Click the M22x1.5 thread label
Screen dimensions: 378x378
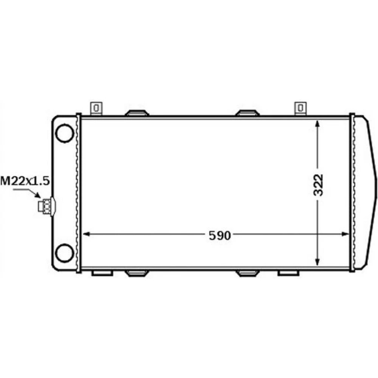(25, 181)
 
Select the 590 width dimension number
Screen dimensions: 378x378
(220, 235)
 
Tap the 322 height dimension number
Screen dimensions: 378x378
(318, 185)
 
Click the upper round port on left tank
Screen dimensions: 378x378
(64, 133)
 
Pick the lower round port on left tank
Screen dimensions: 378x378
(64, 253)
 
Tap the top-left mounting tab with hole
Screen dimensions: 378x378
(96, 108)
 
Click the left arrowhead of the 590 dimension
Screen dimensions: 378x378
(86, 234)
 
